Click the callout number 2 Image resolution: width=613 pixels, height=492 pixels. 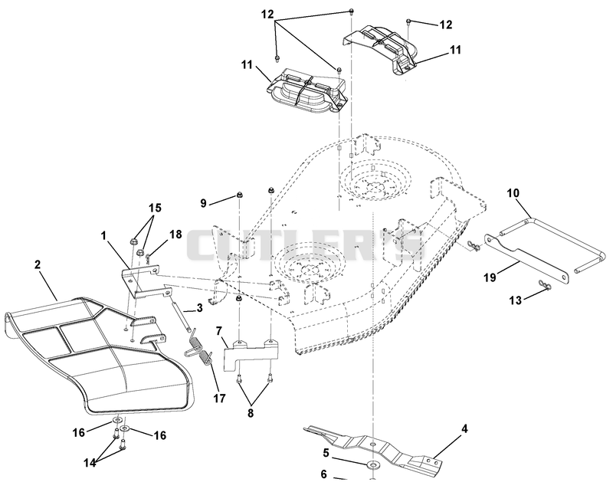pos(37,264)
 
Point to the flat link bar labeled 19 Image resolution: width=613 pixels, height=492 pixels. pos(526,258)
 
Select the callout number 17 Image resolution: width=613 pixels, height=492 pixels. pos(219,399)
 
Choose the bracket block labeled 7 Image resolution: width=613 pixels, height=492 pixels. pos(251,351)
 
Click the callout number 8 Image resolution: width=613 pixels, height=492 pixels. pos(251,413)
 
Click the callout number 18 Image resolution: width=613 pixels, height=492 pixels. pos(175,235)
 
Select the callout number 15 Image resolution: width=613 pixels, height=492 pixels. pos(156,208)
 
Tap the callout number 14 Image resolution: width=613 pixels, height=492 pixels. pos(90,463)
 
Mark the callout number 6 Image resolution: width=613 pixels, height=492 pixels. pos(323,474)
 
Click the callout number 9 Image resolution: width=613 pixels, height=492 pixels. pos(203,203)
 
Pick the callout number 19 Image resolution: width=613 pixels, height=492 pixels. pos(490,277)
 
